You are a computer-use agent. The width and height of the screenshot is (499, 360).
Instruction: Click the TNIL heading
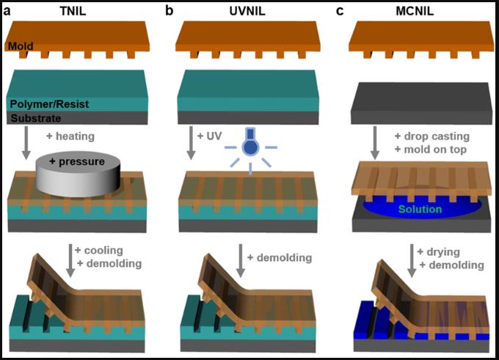73,11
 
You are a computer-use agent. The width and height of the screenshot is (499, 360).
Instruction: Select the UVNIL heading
247,11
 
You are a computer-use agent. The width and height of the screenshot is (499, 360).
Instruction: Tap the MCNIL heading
415,11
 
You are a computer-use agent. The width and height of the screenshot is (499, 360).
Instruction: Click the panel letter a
7,12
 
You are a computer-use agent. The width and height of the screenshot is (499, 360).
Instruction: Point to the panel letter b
170,11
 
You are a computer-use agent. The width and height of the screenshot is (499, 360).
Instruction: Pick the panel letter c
340,12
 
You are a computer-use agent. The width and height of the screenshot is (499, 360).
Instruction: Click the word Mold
21,46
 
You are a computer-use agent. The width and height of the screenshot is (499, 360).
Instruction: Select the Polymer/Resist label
49,104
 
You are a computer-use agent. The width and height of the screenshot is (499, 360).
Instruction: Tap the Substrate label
36,118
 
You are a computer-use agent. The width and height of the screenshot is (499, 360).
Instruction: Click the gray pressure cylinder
78,174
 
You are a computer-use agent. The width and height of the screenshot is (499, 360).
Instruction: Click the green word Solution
420,209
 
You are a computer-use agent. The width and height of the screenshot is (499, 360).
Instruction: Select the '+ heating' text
70,136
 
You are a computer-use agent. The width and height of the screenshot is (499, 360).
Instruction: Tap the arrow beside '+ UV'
191,143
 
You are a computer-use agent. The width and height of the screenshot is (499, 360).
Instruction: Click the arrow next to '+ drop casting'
375,143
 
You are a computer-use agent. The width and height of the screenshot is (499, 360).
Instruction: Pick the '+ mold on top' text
431,149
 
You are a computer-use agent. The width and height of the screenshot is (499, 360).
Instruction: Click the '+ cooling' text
99,250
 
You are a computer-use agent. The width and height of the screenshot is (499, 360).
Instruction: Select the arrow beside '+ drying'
412,261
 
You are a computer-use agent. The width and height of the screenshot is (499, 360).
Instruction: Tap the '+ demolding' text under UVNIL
280,257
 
